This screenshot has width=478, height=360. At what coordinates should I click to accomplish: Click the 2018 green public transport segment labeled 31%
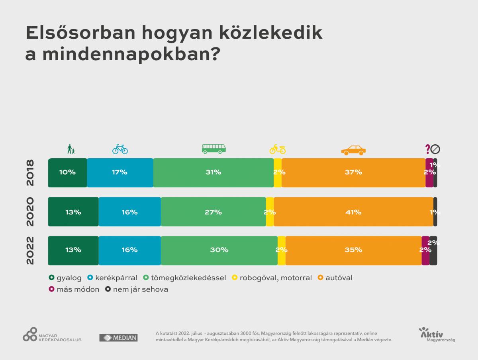(x=213, y=173)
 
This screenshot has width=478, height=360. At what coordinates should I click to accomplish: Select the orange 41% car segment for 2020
(x=353, y=212)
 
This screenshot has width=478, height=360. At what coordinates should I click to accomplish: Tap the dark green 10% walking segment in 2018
(x=67, y=173)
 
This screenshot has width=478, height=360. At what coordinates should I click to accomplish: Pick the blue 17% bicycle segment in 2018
(x=120, y=173)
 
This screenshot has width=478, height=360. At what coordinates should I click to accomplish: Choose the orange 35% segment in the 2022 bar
(x=353, y=250)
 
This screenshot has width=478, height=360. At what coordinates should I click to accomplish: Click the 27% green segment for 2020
(x=213, y=212)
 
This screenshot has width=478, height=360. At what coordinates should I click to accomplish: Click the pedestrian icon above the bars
(x=71, y=149)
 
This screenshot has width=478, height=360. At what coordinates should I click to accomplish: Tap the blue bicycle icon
(x=120, y=149)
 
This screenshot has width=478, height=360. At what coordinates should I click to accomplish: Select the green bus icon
(x=214, y=149)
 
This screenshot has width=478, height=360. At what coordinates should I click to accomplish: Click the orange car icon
(x=353, y=150)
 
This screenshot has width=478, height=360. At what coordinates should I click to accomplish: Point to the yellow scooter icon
(x=278, y=149)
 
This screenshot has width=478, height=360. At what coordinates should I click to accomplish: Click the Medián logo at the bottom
(x=118, y=338)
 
